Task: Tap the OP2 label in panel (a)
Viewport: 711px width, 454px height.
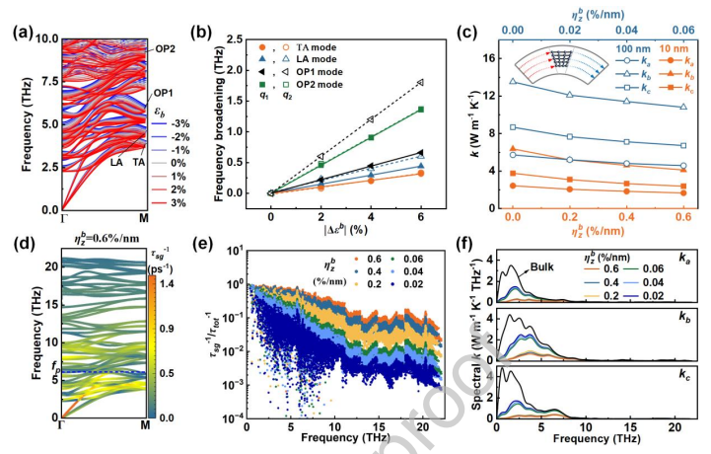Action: pos(165,48)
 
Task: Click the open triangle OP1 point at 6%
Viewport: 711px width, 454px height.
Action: pos(420,83)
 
